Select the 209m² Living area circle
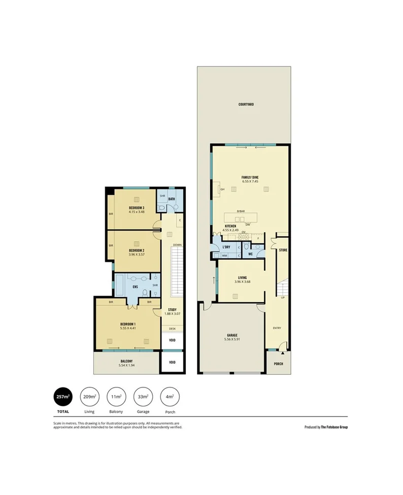(89, 396)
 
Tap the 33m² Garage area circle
(142, 396)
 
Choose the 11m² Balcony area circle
(116, 396)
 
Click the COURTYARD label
(246, 104)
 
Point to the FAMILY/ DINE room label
(250, 177)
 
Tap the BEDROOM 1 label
(127, 324)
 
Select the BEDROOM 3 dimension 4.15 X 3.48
(137, 212)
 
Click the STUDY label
(172, 309)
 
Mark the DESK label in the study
(172, 329)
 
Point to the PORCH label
(278, 364)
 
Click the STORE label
(283, 250)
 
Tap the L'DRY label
(227, 247)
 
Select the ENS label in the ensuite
(136, 287)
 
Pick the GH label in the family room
(222, 189)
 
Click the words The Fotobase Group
(334, 427)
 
